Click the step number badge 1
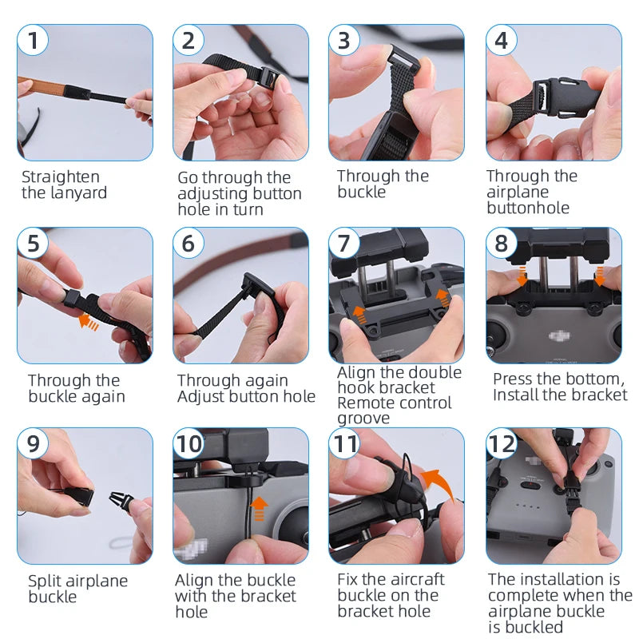33,39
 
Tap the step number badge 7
344,243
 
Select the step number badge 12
502,443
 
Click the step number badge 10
189,443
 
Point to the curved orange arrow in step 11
436,482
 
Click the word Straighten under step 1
61,177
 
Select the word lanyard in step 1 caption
77,192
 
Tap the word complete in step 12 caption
523,595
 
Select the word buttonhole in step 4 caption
528,208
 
